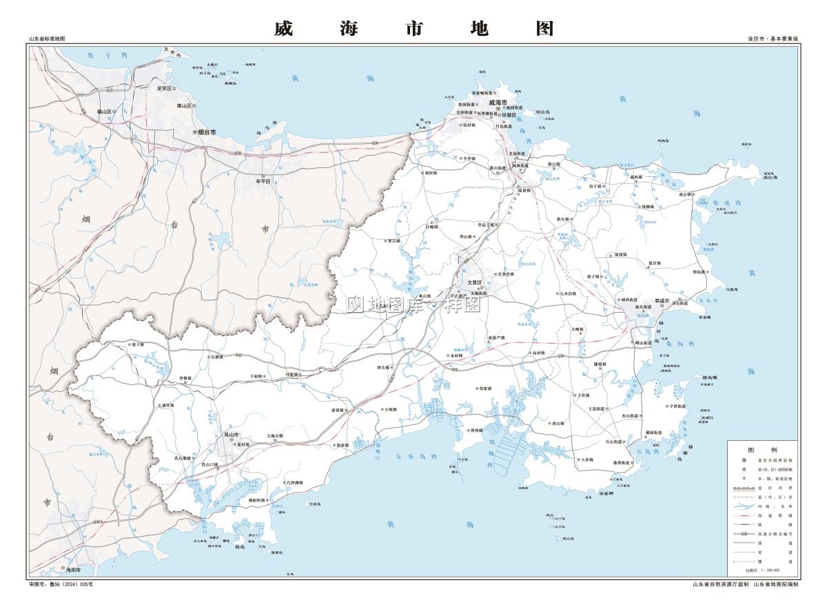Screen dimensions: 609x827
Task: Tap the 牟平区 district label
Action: (x=263, y=181)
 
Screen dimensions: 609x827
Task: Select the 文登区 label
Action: (x=476, y=282)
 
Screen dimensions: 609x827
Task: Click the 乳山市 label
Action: (x=231, y=435)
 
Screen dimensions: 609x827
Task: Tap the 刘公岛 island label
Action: (x=543, y=111)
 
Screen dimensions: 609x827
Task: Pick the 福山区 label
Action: (x=104, y=111)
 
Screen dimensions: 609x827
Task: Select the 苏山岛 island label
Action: (x=569, y=538)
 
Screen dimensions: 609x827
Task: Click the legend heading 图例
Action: (x=762, y=449)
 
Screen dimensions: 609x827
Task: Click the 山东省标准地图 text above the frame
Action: (x=47, y=39)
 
